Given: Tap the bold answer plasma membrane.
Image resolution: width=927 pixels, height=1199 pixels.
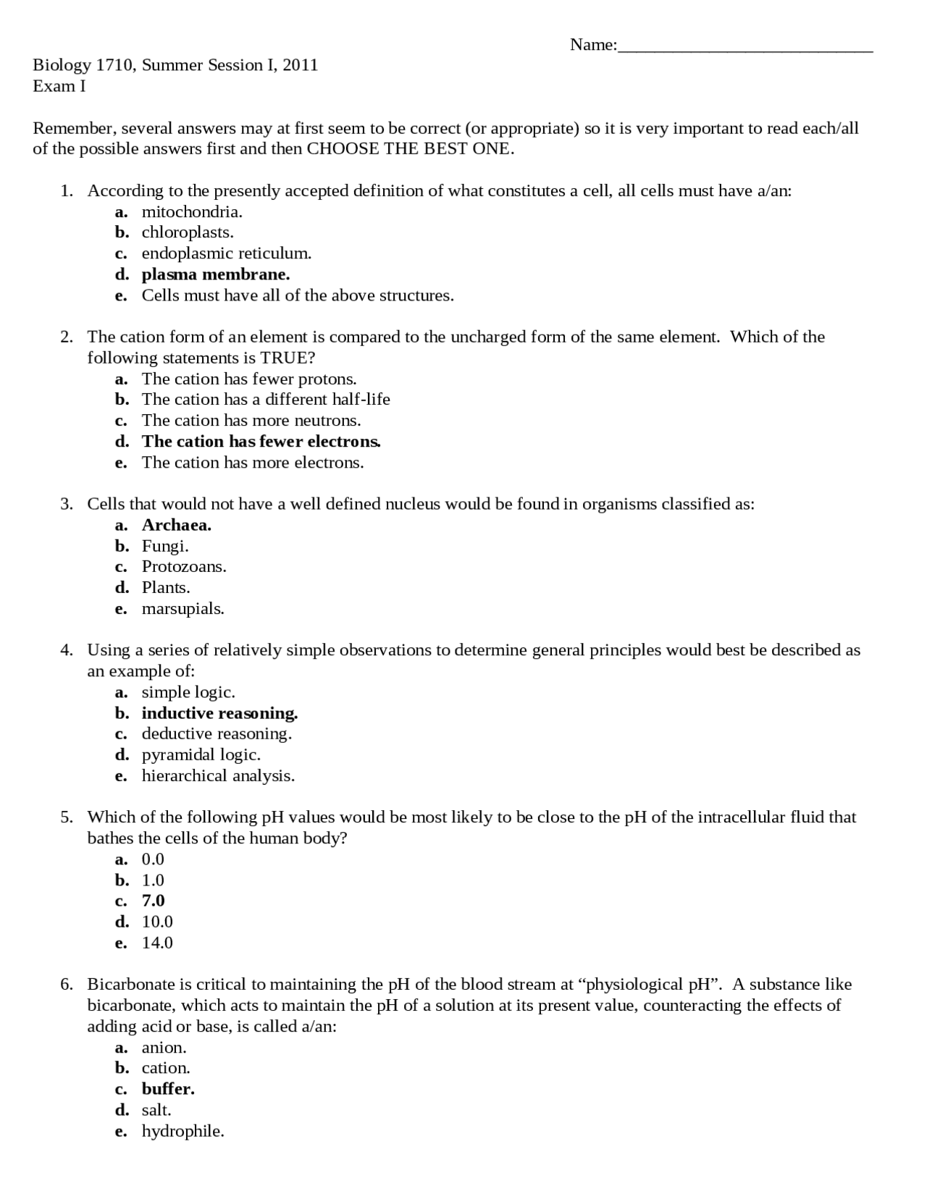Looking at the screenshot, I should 215,274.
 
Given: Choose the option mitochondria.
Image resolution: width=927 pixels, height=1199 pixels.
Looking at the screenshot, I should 191,212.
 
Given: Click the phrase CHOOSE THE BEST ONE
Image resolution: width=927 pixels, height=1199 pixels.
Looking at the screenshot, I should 410,149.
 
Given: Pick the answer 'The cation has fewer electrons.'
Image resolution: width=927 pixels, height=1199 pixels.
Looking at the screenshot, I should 261,442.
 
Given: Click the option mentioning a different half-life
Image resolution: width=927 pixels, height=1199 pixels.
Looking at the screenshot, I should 265,400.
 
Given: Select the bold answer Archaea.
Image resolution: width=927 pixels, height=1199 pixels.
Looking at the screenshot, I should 176,525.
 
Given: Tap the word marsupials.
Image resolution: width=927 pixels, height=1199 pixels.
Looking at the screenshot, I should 183,609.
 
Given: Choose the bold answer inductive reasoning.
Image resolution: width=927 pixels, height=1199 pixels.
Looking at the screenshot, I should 219,714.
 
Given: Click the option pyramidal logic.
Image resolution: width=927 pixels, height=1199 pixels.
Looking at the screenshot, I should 201,755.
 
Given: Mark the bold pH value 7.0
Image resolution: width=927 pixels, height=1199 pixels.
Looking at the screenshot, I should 153,901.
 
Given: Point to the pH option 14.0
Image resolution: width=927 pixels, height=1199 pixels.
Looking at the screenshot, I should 157,943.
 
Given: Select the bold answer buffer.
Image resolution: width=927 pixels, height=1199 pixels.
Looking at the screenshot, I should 168,1090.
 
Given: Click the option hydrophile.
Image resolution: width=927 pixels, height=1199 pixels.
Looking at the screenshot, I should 183,1132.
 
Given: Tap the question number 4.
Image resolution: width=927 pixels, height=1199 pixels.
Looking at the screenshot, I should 66,650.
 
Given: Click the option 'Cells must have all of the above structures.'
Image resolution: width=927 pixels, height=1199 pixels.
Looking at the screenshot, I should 297,295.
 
